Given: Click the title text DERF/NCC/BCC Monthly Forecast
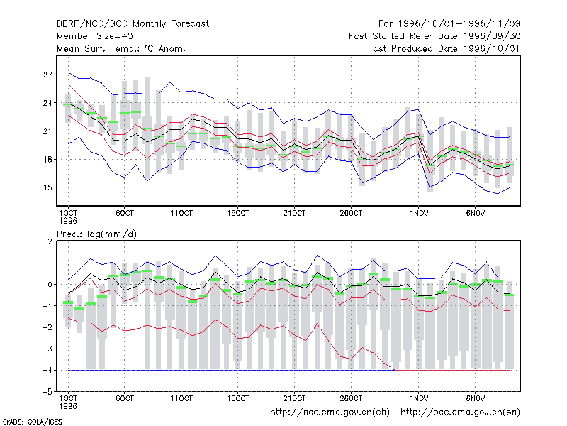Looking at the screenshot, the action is point(133,24).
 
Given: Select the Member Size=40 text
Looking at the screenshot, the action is point(95,36).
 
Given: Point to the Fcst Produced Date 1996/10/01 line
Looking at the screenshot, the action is point(444,48).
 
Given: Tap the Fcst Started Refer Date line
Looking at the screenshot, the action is point(434,36).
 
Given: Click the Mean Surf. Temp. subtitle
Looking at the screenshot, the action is point(120,48).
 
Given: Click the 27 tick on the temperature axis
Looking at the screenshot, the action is point(47,75).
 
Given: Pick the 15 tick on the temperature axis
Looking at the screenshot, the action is point(47,187).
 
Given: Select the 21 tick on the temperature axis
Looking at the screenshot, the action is point(47,131).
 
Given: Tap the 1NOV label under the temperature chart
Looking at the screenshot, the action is point(419,214).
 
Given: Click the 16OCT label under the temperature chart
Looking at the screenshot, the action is point(237,214).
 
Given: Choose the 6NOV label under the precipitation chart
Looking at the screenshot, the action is point(475,399).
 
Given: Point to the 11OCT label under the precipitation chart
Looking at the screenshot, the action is point(181,399).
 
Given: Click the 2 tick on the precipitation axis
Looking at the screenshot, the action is point(50,241).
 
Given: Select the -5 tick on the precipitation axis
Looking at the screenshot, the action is point(47,392).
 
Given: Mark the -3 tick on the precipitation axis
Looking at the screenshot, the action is point(47,349).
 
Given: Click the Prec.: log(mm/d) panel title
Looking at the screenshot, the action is point(96,234).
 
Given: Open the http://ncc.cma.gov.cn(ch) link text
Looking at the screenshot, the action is point(330,413).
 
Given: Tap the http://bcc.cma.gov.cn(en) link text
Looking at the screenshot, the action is point(460,413).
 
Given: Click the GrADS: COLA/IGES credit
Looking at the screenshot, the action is point(32,422).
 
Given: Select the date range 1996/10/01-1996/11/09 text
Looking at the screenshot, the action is point(459,24).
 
